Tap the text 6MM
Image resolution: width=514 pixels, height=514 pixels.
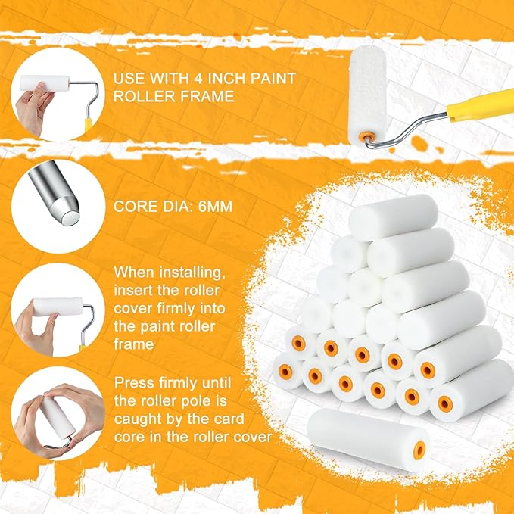click(x=216, y=207)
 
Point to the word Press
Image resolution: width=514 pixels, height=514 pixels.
click(x=134, y=383)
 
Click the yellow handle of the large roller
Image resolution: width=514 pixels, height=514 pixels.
click(x=481, y=105)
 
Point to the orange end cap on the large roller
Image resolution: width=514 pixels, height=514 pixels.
click(x=366, y=136)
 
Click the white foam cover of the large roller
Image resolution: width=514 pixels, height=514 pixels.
click(x=367, y=93)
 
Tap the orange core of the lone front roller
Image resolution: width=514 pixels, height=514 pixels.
click(x=419, y=450)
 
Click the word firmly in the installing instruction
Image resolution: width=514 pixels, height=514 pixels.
click(x=177, y=308)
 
